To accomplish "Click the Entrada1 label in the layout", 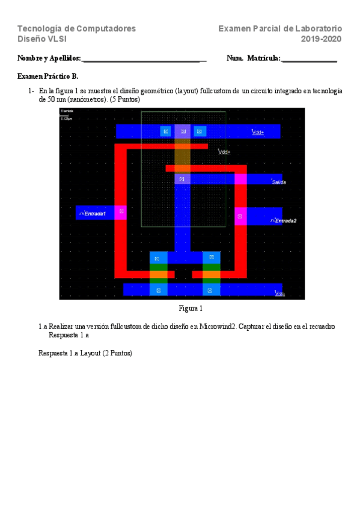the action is click(x=95, y=214).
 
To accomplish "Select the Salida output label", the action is click(x=278, y=182).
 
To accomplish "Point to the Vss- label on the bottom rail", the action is click(x=279, y=293).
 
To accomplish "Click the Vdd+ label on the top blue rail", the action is click(x=257, y=132).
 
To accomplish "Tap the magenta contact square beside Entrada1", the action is click(x=121, y=212).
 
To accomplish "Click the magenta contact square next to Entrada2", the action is click(x=240, y=216).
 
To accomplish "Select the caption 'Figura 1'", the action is click(x=191, y=309).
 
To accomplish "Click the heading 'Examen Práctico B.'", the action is click(x=48, y=76).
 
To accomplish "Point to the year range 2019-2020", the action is click(x=321, y=39).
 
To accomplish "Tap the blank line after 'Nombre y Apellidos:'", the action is click(x=143, y=60).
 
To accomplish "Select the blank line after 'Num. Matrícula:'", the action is click(x=309, y=60).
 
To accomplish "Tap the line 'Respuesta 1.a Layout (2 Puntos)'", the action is click(x=85, y=353).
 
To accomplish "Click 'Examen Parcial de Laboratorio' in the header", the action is click(x=280, y=28).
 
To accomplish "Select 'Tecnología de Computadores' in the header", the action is click(x=76, y=28).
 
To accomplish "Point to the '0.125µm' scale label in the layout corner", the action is click(x=66, y=118).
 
